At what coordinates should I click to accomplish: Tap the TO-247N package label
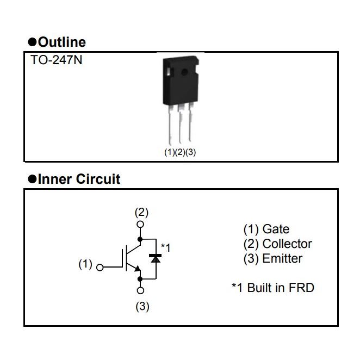tap(57, 60)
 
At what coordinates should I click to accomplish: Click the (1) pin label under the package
tap(169, 152)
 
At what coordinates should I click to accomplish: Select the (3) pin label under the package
tap(190, 152)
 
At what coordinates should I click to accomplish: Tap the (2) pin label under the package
tap(180, 152)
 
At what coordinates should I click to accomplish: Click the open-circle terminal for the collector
tap(141, 224)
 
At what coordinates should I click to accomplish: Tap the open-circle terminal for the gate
tap(100, 267)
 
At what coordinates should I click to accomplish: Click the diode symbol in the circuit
tap(156, 258)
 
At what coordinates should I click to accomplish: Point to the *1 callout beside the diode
tap(165, 248)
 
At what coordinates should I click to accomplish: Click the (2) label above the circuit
tap(141, 212)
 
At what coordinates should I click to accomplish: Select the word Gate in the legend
tap(276, 229)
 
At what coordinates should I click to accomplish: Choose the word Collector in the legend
tap(287, 244)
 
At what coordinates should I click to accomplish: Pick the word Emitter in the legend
tap(282, 259)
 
